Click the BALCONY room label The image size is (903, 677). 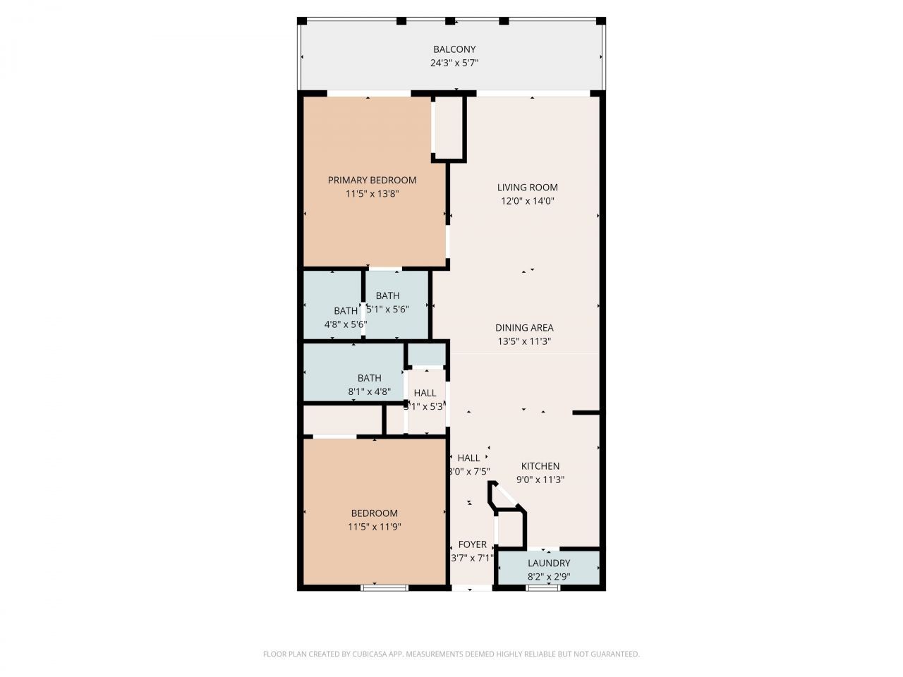(x=454, y=49)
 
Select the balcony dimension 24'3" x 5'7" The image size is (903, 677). (x=454, y=63)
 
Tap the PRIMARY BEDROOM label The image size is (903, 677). (x=372, y=181)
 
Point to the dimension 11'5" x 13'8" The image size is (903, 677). (x=372, y=194)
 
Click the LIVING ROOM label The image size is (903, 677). (x=527, y=188)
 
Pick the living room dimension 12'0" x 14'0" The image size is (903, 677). (x=527, y=201)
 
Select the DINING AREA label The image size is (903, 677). (x=523, y=328)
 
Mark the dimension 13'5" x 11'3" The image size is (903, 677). (x=523, y=341)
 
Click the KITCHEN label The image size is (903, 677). (x=540, y=466)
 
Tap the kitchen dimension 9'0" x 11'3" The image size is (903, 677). (x=540, y=480)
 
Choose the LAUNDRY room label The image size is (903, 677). (x=549, y=563)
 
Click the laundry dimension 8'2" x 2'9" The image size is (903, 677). (x=549, y=577)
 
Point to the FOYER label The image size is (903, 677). (x=472, y=544)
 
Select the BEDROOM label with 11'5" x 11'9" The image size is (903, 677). (x=374, y=513)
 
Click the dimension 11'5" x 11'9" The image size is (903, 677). (x=374, y=527)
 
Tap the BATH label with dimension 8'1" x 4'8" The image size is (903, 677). (x=369, y=379)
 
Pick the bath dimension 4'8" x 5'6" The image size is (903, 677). (x=345, y=324)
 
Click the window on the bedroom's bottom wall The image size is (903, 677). (x=384, y=587)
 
